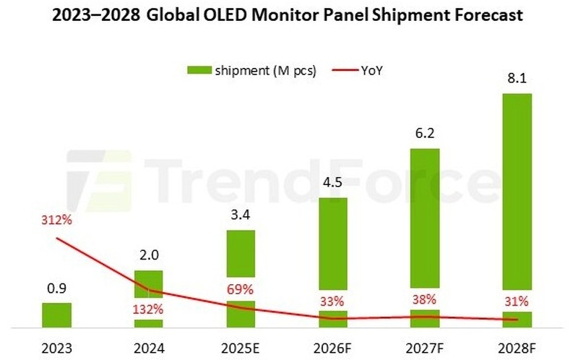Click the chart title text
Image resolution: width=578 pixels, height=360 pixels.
(289, 16)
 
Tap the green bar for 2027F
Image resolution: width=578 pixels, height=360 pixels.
(425, 217)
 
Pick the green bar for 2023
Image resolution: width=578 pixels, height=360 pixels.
(56, 315)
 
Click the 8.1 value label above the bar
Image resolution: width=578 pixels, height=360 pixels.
(517, 78)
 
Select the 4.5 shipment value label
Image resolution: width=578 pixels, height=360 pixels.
(333, 182)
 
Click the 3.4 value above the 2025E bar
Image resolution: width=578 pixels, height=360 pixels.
(241, 215)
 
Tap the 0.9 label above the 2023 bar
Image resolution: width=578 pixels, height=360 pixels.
(56, 288)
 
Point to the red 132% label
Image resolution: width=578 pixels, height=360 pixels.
(149, 309)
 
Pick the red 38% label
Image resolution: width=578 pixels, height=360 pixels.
(425, 300)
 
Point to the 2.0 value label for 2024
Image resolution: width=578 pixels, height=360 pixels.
(149, 255)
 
